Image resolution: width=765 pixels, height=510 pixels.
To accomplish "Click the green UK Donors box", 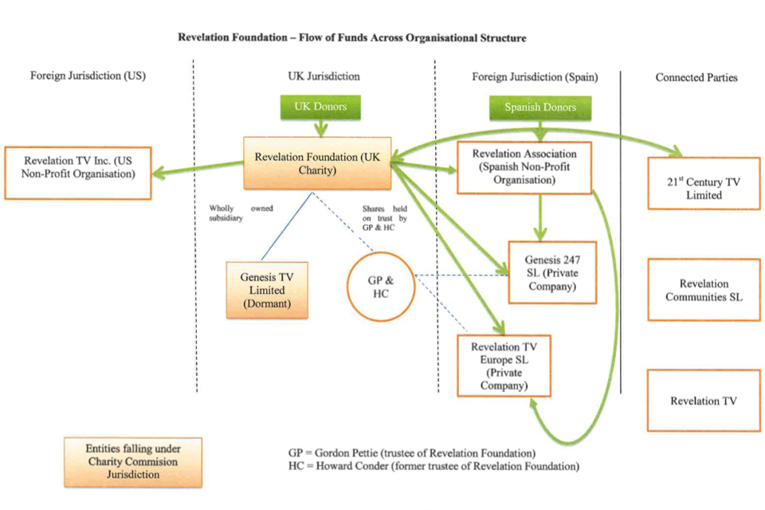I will point(321,107).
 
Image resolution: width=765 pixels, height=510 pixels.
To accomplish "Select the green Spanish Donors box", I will point(540,108).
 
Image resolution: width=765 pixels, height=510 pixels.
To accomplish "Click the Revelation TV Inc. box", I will point(77,172).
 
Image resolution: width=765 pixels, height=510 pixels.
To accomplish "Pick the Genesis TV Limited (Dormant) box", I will point(267,290).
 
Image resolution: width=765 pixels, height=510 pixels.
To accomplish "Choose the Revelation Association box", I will point(524,167).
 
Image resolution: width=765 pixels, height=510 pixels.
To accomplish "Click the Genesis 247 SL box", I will point(551,273).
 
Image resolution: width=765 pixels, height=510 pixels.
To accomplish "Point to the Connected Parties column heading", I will point(696,77).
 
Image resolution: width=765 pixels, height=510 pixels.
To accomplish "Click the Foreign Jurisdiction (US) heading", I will point(88,77).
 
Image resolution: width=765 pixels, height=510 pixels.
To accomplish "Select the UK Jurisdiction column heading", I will point(324,77).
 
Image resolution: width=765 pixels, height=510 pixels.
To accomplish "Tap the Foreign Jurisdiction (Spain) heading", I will point(535,77).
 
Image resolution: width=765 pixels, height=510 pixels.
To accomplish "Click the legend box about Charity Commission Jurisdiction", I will point(134,461).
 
